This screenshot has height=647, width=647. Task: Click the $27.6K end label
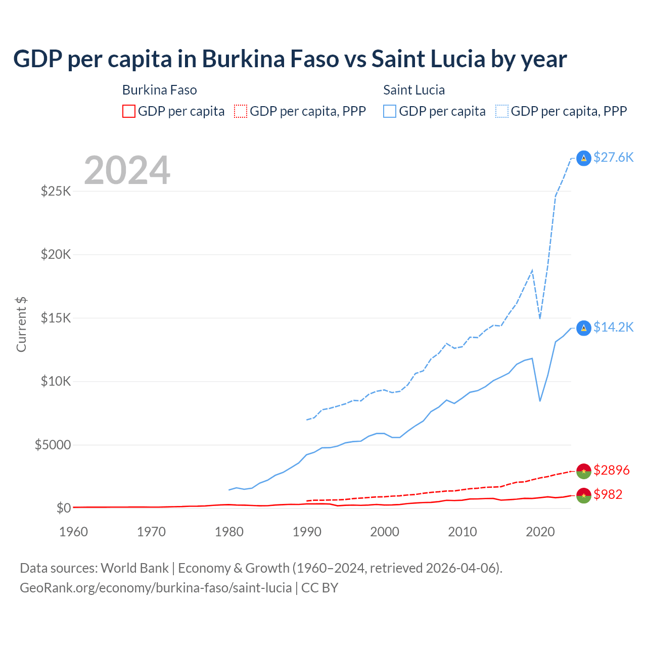tap(613, 157)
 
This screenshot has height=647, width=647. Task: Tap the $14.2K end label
tap(613, 327)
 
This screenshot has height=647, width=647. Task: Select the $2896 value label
tap(611, 470)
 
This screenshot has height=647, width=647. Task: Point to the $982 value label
tap(608, 494)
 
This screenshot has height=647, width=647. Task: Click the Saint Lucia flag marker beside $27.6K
tap(584, 158)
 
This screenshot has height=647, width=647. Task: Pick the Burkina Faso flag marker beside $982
tap(584, 495)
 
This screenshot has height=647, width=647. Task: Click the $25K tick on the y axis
tap(56, 191)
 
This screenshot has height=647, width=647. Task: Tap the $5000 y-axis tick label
tap(53, 445)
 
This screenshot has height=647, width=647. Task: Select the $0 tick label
tap(63, 508)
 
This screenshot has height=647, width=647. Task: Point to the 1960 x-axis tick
tap(74, 532)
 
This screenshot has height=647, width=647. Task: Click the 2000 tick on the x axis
tap(385, 532)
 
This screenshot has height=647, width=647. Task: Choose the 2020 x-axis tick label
tap(540, 532)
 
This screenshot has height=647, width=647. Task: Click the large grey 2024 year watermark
tap(127, 170)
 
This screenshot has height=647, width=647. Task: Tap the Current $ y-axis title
tap(21, 325)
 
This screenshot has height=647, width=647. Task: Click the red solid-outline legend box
tap(129, 111)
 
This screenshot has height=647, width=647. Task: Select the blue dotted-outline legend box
tap(502, 111)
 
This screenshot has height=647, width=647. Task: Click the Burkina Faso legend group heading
tap(159, 90)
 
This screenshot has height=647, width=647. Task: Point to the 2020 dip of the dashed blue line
tap(540, 318)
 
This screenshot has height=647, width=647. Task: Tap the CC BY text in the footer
tap(319, 588)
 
